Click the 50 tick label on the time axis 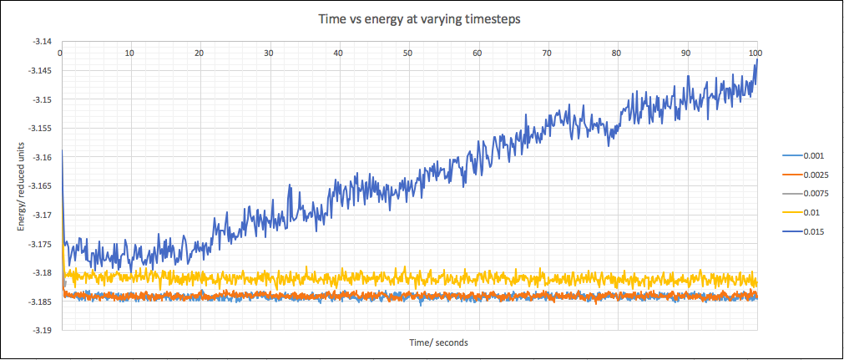coord(407,53)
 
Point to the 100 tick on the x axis coord(756,53)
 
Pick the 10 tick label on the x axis coord(129,53)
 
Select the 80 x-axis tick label coord(616,53)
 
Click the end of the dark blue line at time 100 coord(756,60)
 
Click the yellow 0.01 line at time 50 coord(407,276)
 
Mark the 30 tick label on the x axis coord(269,53)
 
